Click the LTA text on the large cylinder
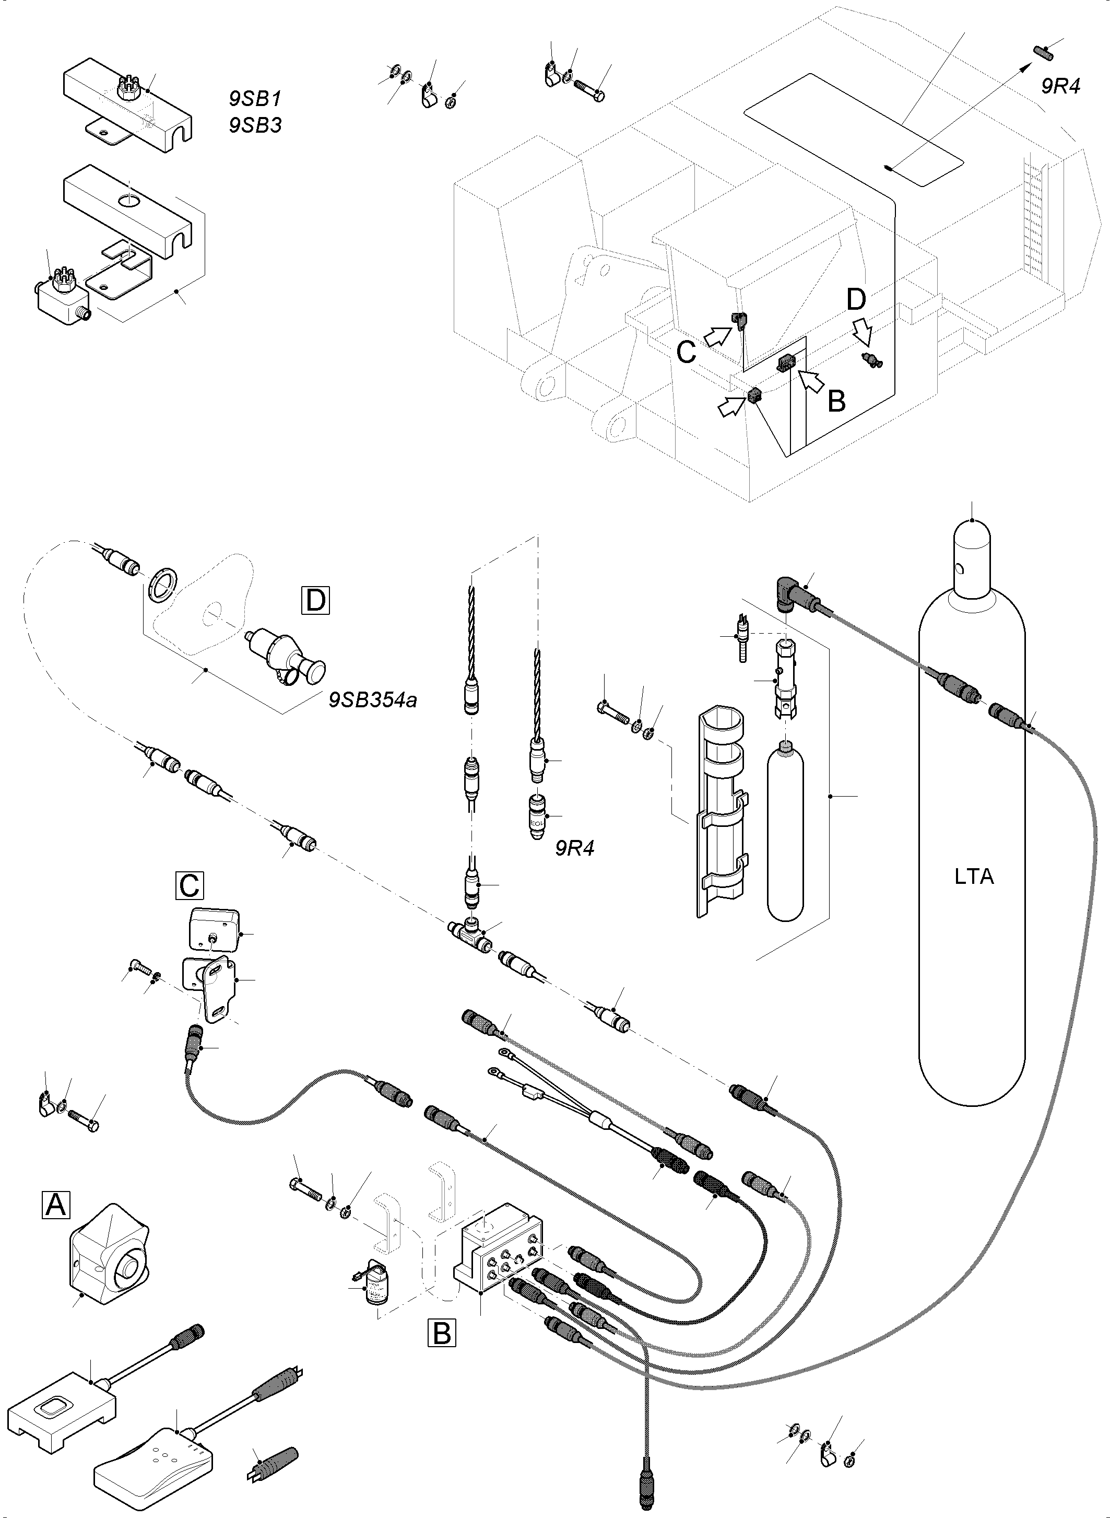[974, 877]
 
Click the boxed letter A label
[56, 1204]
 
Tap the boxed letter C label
[190, 885]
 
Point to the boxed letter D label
[316, 600]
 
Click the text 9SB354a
[373, 700]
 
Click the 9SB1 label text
[255, 99]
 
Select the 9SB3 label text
[255, 125]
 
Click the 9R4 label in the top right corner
[1060, 87]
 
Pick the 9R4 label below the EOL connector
[574, 848]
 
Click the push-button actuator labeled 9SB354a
[286, 659]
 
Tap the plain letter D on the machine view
[855, 300]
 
